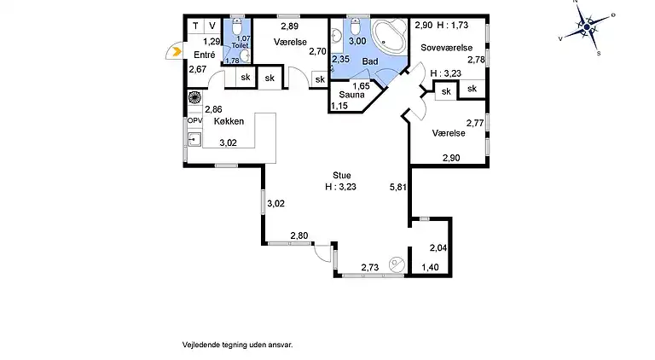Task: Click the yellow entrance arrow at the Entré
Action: [177, 52]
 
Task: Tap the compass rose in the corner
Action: [587, 27]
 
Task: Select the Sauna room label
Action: [351, 95]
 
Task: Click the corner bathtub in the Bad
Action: [389, 35]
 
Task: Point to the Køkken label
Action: [229, 121]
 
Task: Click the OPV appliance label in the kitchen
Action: [194, 120]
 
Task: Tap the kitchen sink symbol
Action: [194, 139]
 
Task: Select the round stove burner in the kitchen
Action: [194, 97]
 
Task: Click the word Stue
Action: [342, 176]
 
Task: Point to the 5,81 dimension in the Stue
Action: [398, 187]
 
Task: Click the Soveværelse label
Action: [447, 48]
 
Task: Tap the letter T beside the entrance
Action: [195, 26]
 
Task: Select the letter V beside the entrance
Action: [212, 26]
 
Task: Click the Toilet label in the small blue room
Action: [240, 45]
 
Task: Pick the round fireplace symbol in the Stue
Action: [396, 264]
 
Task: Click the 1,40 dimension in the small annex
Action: [430, 267]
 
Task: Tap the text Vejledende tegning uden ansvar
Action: [237, 345]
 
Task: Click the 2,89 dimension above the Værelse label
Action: [289, 26]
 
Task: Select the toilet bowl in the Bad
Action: [355, 27]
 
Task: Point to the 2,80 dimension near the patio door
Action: [299, 235]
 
